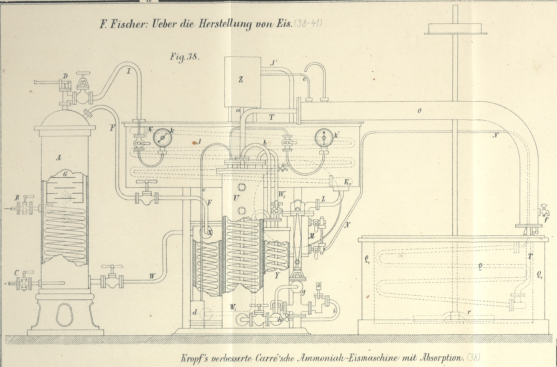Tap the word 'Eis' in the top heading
[x=277, y=24]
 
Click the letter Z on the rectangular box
[x=241, y=80]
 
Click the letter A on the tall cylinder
[x=59, y=158]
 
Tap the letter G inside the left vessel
[x=65, y=175]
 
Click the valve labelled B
[x=26, y=206]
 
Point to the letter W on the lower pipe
[x=152, y=276]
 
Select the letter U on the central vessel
[x=236, y=198]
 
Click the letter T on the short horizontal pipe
[x=271, y=117]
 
